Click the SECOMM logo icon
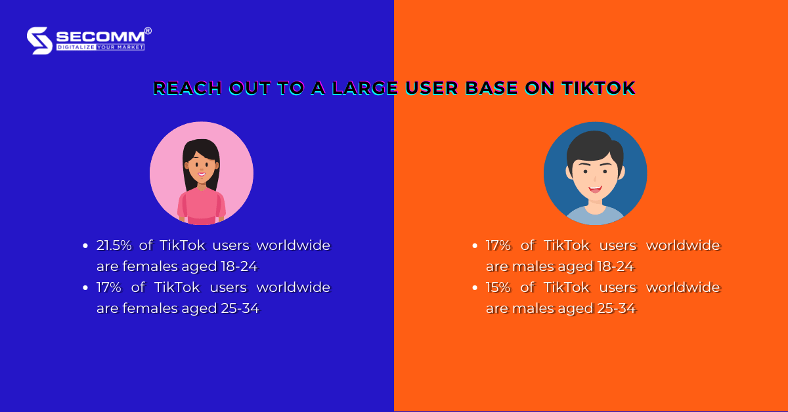click(x=39, y=40)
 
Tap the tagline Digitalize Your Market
click(x=100, y=47)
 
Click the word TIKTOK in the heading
click(x=598, y=88)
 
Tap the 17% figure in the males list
click(x=499, y=245)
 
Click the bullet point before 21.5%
click(x=85, y=246)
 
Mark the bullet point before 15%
click(x=475, y=288)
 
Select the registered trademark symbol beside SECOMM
click(x=148, y=30)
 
